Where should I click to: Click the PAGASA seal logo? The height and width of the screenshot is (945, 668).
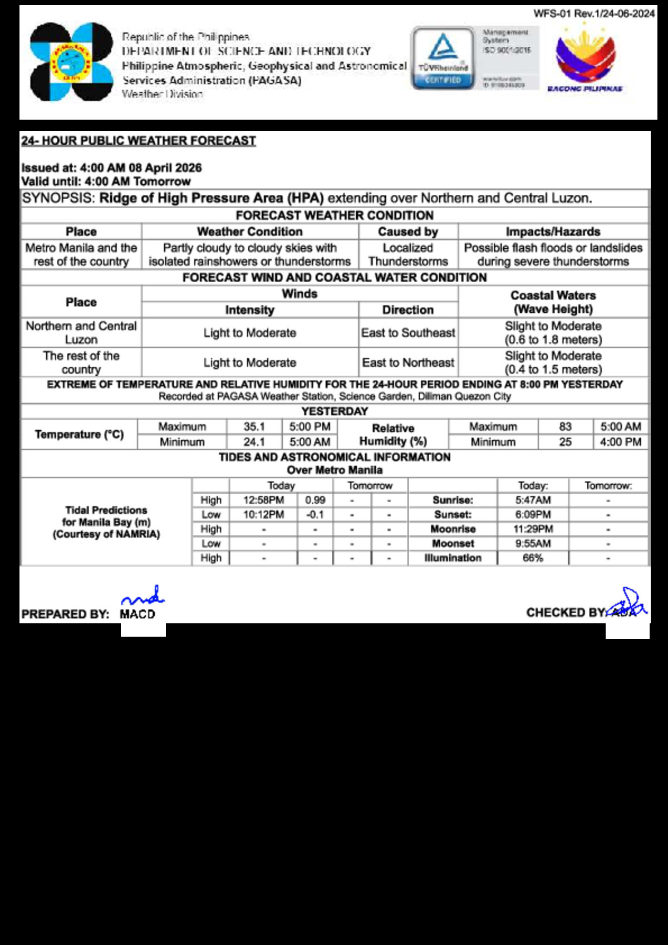[x=71, y=62]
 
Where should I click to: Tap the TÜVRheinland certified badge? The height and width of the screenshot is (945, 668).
[x=443, y=58]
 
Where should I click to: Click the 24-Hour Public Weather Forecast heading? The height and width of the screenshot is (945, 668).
[x=139, y=141]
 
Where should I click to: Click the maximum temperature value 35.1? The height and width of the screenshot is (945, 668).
[x=254, y=427]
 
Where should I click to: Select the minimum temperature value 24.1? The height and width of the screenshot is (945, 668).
[x=254, y=442]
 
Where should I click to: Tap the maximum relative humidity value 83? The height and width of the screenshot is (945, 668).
[x=565, y=427]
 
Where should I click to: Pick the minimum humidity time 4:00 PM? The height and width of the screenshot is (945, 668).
[x=621, y=442]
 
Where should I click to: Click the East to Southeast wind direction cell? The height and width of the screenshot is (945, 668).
[x=408, y=333]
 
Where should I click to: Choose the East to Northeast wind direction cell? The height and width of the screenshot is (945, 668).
[x=408, y=363]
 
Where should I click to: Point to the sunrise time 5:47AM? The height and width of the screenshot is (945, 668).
[x=533, y=500]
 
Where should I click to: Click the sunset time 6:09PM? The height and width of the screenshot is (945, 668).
[x=533, y=515]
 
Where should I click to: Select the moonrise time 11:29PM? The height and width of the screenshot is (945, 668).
[x=533, y=529]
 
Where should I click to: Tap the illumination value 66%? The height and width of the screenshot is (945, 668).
[x=533, y=558]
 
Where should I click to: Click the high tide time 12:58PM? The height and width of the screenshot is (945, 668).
[x=263, y=500]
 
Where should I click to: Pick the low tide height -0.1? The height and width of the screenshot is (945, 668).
[x=315, y=515]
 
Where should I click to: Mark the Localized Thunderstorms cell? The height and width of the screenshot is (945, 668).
[x=408, y=255]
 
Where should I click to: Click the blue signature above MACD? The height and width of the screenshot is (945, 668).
[x=143, y=596]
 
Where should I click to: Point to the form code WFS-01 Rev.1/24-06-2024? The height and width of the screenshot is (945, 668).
[x=594, y=13]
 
